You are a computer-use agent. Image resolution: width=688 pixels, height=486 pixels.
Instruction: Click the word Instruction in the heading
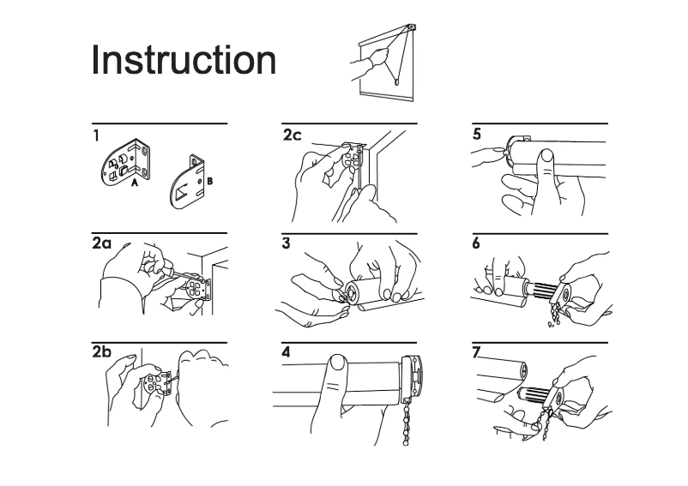click(184, 60)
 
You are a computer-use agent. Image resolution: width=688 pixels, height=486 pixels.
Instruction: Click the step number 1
click(96, 135)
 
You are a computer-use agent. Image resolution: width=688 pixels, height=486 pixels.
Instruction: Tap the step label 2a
click(102, 243)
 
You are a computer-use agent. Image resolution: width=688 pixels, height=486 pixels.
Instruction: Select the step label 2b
click(102, 352)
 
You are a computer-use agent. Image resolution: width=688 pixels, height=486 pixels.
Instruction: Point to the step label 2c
click(292, 135)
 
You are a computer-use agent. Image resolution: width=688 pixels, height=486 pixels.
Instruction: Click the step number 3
click(286, 243)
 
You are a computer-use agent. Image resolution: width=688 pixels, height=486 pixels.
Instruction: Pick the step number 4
click(286, 352)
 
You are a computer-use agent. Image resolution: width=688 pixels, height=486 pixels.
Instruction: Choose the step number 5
click(477, 134)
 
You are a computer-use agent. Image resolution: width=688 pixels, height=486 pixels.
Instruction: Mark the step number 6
click(476, 243)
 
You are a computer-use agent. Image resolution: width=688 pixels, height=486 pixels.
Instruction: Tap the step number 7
click(476, 352)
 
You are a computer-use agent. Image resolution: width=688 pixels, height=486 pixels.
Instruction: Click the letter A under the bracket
click(135, 183)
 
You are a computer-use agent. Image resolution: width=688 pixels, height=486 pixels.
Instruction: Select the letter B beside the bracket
click(209, 181)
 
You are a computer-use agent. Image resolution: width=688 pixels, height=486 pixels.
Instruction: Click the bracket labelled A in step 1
click(126, 164)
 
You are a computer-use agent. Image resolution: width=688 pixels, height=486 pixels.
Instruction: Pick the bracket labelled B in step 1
click(186, 182)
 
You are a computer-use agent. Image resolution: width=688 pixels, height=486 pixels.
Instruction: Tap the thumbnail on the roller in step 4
click(338, 363)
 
